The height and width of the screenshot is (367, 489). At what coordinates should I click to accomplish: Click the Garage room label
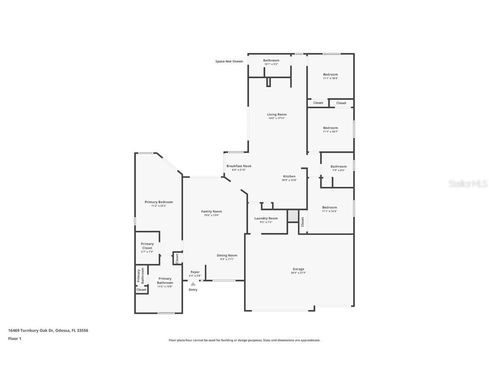click(x=298, y=269)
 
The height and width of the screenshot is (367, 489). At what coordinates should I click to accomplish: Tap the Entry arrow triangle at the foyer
click(x=193, y=284)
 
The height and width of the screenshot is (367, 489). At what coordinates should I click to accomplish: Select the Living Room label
click(x=277, y=114)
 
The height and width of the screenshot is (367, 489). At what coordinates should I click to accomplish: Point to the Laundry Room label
click(x=266, y=218)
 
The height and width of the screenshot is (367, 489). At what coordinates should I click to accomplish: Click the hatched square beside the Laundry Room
click(x=293, y=215)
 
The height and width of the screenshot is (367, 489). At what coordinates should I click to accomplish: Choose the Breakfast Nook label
click(x=239, y=166)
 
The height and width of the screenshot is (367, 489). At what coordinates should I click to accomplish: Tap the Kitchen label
click(x=289, y=176)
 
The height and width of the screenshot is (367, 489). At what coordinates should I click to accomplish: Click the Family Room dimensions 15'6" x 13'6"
click(x=211, y=215)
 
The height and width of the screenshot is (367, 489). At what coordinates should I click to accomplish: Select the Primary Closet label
click(x=147, y=246)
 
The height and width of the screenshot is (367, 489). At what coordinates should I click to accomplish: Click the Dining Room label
click(x=227, y=255)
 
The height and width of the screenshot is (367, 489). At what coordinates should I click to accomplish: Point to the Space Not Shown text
click(x=229, y=62)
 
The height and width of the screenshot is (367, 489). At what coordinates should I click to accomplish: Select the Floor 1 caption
click(x=14, y=339)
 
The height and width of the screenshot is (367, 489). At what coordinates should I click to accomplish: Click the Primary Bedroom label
click(x=159, y=202)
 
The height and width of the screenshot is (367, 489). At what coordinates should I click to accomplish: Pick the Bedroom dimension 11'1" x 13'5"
click(x=330, y=211)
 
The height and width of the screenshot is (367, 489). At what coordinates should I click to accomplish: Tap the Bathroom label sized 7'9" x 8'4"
click(x=338, y=167)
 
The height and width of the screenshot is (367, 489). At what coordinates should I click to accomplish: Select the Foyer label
click(x=195, y=272)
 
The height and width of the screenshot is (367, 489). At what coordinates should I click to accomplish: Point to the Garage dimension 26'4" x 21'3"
click(x=298, y=273)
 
